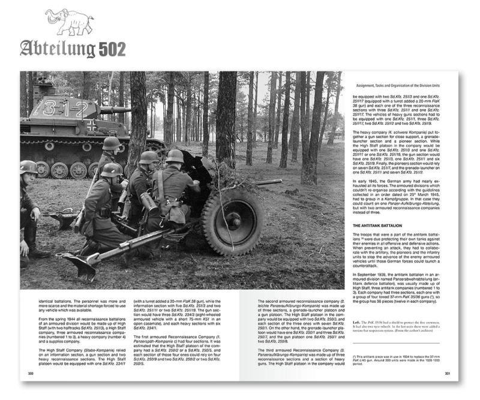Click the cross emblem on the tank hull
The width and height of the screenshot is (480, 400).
point(91,126)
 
